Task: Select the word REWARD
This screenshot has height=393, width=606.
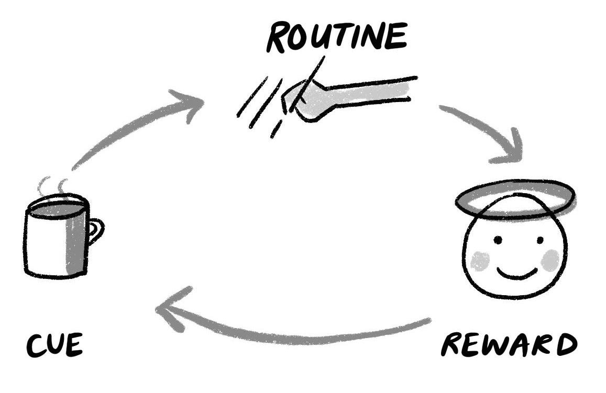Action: tap(508, 345)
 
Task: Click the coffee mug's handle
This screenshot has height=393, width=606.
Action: tap(95, 231)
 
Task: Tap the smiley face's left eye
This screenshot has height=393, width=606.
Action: tap(497, 240)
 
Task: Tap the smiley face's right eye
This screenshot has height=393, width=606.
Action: tap(540, 240)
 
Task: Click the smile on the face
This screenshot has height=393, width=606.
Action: tap(517, 273)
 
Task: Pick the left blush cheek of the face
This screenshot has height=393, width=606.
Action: tap(479, 261)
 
